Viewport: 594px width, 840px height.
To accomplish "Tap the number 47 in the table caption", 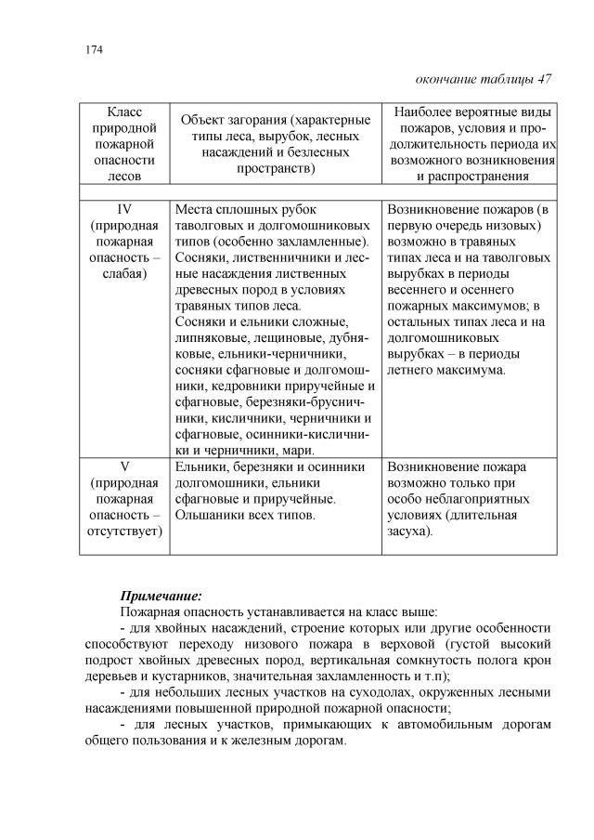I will coord(545,79).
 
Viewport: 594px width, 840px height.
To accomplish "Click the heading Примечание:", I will coord(161,595).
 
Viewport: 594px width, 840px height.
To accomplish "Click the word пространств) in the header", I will coord(275,169).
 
